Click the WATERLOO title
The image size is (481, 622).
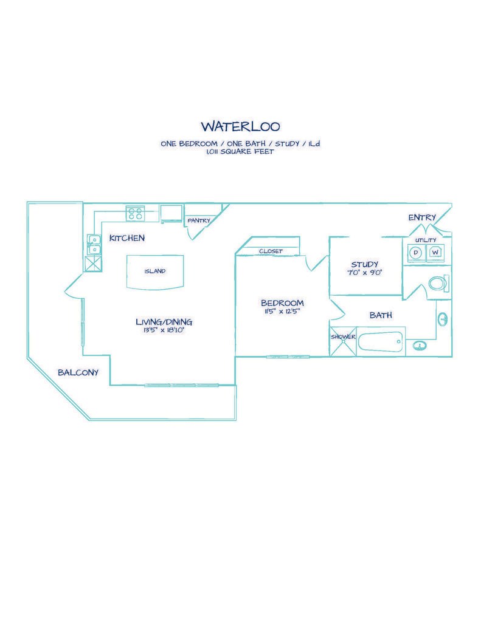coord(240,126)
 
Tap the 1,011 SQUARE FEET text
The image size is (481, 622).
coord(240,152)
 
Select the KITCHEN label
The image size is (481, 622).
coord(126,238)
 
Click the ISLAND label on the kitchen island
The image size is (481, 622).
coord(154,272)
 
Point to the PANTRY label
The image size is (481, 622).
coord(199,220)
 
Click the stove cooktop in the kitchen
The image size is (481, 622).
coord(135,213)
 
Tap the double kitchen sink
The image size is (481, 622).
coord(94,244)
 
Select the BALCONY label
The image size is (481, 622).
coord(78,372)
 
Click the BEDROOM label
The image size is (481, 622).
coord(282,303)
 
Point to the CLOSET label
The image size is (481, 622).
coord(271,251)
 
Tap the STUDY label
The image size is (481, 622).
coord(364,264)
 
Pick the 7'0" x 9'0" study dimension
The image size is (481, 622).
coord(364,273)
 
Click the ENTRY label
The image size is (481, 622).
coord(422,217)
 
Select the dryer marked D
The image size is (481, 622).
coord(417,252)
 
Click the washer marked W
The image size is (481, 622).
coord(435,252)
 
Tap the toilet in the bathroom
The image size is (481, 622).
coord(438,282)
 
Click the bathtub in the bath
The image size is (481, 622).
coord(381,340)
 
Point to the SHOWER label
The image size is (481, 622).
coord(343,337)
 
